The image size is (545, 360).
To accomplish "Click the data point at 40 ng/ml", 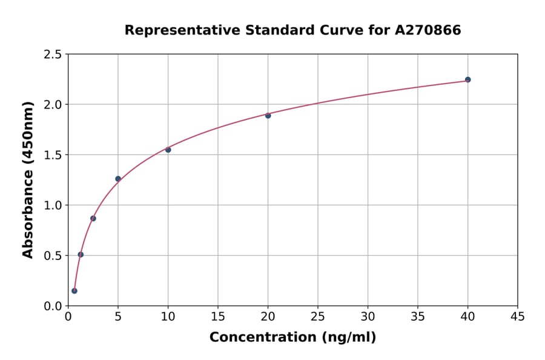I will tap(467, 79).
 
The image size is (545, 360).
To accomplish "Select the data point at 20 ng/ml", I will tap(268, 115).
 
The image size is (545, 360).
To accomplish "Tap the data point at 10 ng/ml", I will tap(168, 150).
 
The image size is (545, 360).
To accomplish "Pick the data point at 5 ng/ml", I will tap(118, 179).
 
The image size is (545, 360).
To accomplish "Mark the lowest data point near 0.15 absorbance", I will tap(74, 291).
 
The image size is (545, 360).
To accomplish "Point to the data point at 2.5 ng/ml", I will tap(93, 218).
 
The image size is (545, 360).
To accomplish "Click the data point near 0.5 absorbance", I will tap(81, 255).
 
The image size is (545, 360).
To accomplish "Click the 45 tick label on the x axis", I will tap(518, 316).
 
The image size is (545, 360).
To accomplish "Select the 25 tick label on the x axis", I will tap(318, 316).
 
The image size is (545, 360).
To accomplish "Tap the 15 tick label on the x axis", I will tap(218, 316).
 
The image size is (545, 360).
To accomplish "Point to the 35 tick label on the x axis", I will tap(418, 316).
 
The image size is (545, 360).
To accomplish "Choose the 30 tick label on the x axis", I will tap(368, 316).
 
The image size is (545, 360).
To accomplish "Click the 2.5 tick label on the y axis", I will tap(53, 55).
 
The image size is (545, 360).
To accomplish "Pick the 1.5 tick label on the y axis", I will tap(53, 155).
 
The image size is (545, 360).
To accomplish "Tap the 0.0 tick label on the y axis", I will tap(53, 306).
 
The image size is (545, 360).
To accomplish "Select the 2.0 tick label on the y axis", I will tap(53, 105).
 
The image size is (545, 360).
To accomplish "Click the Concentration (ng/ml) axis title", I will tap(292, 338).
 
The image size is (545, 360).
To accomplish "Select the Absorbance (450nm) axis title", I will tap(28, 179).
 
